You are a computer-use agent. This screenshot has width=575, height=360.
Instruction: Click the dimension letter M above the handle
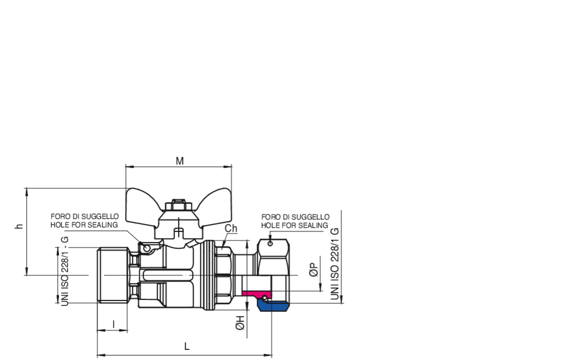[x=179, y=161]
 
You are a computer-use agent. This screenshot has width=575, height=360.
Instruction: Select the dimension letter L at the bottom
[x=187, y=347]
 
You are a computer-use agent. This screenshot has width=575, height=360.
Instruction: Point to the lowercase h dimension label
[x=19, y=226]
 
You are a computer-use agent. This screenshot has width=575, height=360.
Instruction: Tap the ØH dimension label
[x=240, y=322]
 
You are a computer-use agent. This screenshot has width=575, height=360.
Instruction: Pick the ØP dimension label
[x=314, y=270]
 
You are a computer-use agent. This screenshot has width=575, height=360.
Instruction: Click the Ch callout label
[x=231, y=229]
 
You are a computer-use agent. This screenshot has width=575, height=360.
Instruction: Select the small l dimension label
[x=113, y=324]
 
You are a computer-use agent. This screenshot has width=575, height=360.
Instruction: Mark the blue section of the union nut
[x=273, y=306]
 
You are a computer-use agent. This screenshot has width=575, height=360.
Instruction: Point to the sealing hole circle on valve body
[x=147, y=249]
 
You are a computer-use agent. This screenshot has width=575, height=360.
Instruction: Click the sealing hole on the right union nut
[x=271, y=243]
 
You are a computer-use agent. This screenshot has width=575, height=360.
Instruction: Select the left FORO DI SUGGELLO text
[x=85, y=217]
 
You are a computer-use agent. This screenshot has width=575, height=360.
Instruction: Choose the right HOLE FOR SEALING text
[x=294, y=225]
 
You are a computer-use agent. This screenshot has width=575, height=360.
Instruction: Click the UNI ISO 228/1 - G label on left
[x=65, y=271]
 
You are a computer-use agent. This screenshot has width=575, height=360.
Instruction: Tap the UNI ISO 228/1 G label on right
[x=335, y=263]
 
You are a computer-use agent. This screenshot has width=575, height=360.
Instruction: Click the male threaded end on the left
[x=113, y=275]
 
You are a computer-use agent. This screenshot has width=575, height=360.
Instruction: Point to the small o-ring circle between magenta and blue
[x=264, y=298]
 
